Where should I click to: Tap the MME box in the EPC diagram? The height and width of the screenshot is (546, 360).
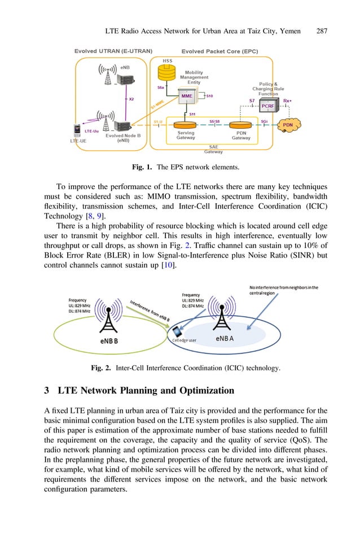point(187,96)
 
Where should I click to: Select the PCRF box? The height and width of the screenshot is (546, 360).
point(268,106)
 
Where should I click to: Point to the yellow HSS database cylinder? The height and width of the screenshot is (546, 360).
point(168,72)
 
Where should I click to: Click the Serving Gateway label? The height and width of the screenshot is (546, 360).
point(186,136)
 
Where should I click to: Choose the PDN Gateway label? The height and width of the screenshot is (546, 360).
point(241,136)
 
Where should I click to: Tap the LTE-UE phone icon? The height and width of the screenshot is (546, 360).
point(77,130)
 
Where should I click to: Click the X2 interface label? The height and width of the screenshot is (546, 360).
point(131,98)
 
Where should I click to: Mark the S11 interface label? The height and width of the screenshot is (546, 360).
point(192,114)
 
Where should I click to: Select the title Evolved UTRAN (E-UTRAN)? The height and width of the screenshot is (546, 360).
point(113,51)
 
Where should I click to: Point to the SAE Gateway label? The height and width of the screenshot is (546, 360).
point(213,149)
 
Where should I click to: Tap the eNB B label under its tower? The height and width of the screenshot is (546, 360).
point(109,340)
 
